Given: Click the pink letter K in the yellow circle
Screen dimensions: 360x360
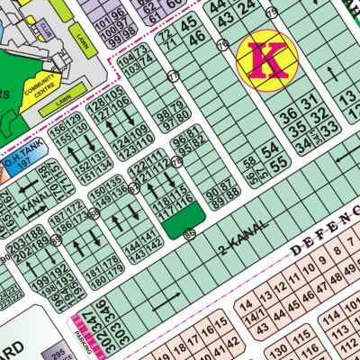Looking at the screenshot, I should [x=264, y=59].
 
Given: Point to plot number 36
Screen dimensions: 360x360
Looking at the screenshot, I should [x=288, y=113].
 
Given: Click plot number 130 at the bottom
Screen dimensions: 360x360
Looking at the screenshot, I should [x=279, y=347].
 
